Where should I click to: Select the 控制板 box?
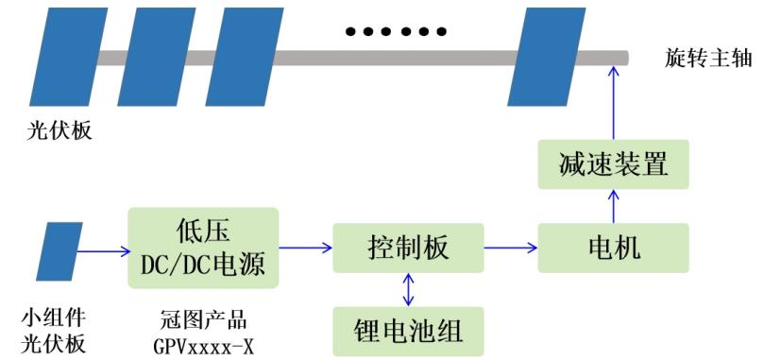click(408, 249)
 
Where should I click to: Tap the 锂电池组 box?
click(408, 330)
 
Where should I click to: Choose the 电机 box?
click(613, 249)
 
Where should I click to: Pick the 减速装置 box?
click(613, 166)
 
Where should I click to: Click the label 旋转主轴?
click(707, 58)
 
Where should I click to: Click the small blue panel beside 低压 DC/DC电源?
click(59, 250)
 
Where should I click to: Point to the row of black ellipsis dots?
click(396, 32)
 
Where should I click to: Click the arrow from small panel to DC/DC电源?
click(101, 250)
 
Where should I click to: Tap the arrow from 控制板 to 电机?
click(510, 249)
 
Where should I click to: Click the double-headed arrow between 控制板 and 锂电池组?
click(408, 289)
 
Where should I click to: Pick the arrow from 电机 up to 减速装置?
click(613, 207)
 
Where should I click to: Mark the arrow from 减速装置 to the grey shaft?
click(613, 104)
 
